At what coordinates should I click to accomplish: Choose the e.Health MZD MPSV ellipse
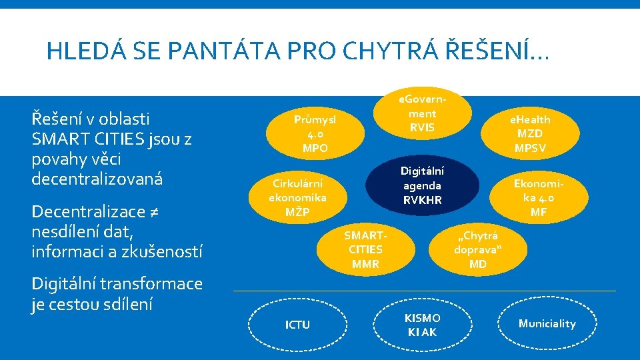coord(530,133)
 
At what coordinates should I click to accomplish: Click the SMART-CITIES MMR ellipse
coord(365,249)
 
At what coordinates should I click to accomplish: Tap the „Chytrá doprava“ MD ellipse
coord(478,249)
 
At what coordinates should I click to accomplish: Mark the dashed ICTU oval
coord(297,325)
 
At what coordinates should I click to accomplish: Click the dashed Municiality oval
coord(547,323)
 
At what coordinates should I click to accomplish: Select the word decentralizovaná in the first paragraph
coord(97,179)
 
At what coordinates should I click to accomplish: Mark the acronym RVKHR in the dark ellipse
coord(422,199)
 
